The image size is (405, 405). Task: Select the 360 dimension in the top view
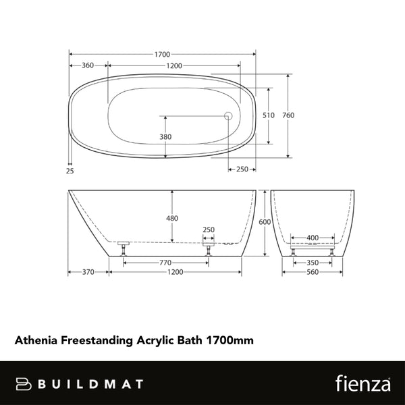(87, 65)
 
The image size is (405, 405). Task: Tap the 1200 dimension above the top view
(175, 65)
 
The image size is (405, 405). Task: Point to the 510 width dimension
(268, 115)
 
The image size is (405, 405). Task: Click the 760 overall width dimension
(288, 115)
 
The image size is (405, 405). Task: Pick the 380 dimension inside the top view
(165, 137)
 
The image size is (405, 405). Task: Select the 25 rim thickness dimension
(70, 170)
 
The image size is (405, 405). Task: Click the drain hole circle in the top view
(228, 115)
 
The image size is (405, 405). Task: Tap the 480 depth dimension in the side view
(173, 218)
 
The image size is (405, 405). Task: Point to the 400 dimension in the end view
(313, 238)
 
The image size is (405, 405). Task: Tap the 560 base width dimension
(313, 272)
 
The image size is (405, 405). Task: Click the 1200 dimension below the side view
(175, 272)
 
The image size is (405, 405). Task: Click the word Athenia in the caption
(36, 340)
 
